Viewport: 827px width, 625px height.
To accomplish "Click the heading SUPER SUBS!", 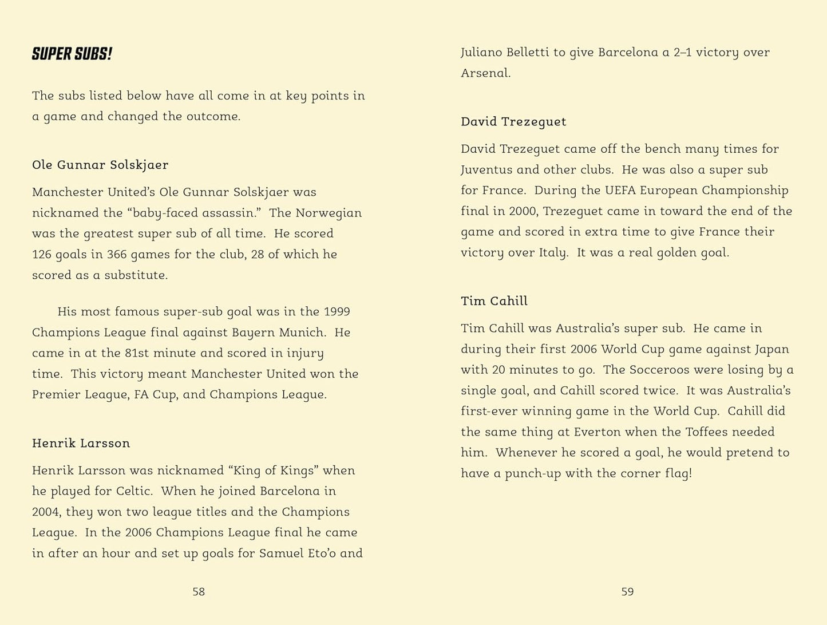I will [72, 54].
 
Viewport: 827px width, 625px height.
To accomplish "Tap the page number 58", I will [199, 592].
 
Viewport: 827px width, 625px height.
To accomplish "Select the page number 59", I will [627, 592].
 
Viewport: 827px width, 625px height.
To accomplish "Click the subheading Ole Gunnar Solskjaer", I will [100, 165].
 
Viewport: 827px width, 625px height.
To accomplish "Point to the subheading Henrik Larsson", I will [81, 443].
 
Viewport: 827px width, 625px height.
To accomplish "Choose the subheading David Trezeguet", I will [513, 121].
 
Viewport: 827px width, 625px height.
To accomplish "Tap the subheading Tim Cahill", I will [494, 301].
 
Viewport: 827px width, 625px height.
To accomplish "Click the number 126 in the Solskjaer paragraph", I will [42, 254].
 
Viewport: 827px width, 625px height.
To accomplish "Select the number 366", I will [117, 254].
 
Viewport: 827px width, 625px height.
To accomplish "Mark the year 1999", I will [337, 311].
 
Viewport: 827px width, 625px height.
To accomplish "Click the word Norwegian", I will [329, 213].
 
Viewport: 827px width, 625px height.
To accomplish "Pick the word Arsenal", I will [485, 73].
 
